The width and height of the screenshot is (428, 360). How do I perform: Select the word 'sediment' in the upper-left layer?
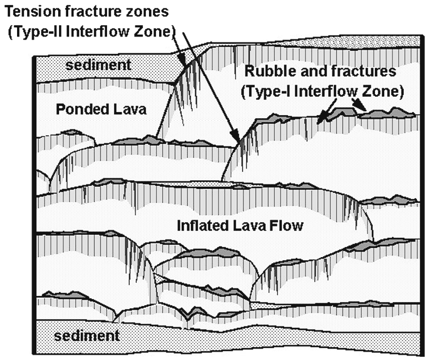coord(97,65)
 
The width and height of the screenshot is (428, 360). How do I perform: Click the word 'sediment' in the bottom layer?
coord(87,335)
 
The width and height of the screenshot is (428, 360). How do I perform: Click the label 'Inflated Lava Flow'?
coord(240,225)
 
